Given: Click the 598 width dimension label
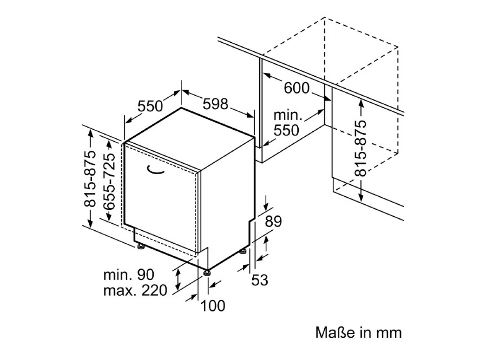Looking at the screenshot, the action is click(215, 104).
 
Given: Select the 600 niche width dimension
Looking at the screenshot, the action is click(297, 88).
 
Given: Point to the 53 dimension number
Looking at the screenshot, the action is click(260, 280).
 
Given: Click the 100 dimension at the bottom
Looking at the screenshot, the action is click(213, 306).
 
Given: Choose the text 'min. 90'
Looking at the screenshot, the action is click(129, 275).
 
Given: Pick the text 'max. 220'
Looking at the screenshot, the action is click(135, 291).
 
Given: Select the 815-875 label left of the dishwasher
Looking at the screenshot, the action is click(90, 179).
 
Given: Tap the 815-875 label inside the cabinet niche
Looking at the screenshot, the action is click(361, 148).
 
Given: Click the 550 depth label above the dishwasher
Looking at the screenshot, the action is click(150, 106).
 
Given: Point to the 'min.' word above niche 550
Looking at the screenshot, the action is click(288, 115).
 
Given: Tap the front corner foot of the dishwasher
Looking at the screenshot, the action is click(207, 273).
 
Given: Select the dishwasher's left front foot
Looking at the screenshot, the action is click(141, 247).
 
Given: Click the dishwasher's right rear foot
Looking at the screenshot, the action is click(243, 251).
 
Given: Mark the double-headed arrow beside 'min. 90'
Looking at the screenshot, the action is click(178, 279).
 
